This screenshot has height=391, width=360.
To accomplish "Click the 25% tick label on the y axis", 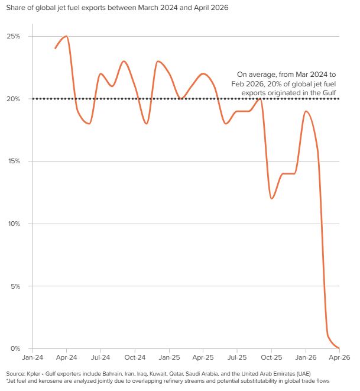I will [x=13, y=36].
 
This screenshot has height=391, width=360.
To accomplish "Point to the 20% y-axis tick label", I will [x=13, y=99].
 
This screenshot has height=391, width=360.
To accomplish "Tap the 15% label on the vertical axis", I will [x=13, y=161].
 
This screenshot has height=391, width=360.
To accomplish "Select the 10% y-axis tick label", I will [x=13, y=224].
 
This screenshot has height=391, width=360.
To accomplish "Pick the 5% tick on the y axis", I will [x=15, y=286].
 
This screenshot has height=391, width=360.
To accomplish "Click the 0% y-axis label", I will [x=15, y=348].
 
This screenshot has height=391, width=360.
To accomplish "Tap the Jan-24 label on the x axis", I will [x=33, y=358].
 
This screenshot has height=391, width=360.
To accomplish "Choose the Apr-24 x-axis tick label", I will [x=67, y=358].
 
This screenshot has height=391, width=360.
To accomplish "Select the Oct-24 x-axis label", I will [x=135, y=358].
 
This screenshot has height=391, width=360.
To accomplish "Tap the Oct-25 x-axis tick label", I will [x=271, y=358].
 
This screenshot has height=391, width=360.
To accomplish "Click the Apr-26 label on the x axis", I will [x=339, y=358].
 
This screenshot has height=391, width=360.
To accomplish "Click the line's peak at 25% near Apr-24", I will [x=66, y=36].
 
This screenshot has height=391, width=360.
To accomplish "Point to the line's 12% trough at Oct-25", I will [x=271, y=198].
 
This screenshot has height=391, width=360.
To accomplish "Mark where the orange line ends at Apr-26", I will [x=339, y=348].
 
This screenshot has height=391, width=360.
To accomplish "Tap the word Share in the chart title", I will [x=15, y=8].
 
